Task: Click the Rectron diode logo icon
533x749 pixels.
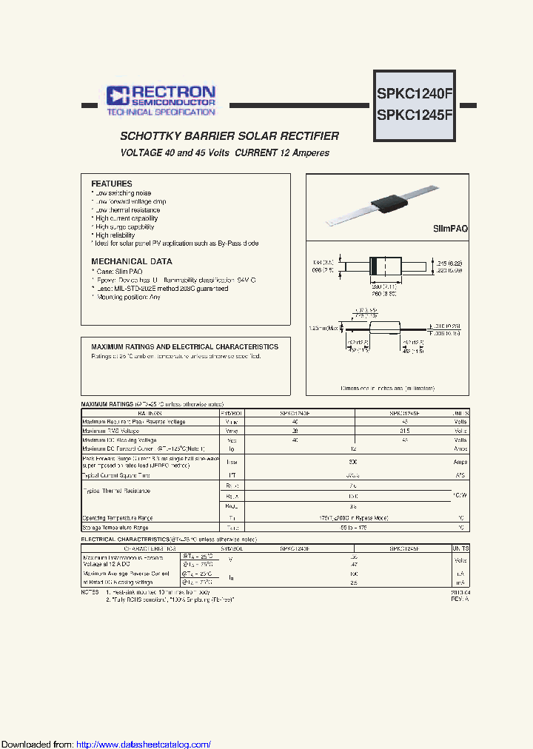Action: (x=118, y=94)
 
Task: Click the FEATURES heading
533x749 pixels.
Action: (x=112, y=184)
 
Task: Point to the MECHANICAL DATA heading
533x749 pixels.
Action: (x=131, y=261)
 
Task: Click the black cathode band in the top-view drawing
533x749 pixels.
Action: (x=374, y=266)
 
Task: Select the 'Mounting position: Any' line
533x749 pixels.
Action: (x=127, y=297)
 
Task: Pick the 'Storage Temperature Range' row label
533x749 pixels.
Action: (x=115, y=528)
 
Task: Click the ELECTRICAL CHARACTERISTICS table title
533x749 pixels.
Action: (x=125, y=540)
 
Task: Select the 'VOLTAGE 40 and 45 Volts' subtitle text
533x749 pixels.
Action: (x=175, y=152)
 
